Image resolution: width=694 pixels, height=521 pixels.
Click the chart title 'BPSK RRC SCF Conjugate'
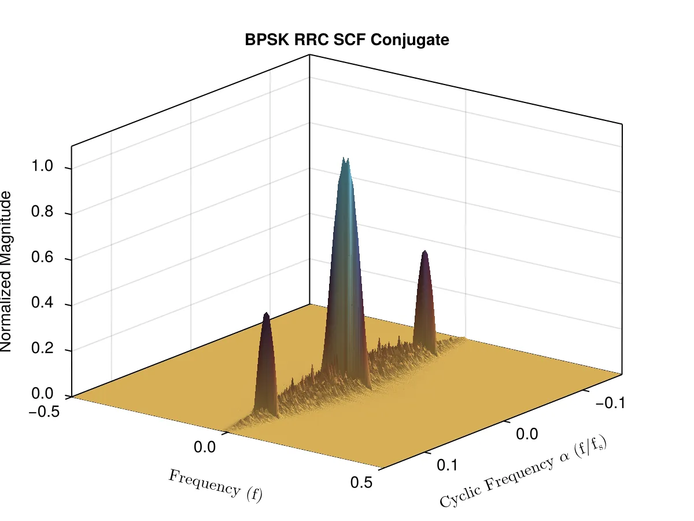coord(347,40)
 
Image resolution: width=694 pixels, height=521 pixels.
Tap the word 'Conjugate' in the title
coord(410,41)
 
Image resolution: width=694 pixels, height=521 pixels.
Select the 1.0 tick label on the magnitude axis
coord(42,166)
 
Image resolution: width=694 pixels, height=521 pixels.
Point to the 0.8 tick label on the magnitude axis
coord(42,211)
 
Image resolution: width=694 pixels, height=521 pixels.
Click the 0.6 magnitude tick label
coord(42,257)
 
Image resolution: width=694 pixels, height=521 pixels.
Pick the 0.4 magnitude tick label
coord(42,303)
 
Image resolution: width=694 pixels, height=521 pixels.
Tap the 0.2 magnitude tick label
coord(42,348)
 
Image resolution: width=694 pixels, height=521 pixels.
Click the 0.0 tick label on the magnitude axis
coord(42,394)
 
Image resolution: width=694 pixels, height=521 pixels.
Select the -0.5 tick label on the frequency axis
coord(44,412)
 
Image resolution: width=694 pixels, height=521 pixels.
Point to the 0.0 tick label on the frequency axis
coord(205,447)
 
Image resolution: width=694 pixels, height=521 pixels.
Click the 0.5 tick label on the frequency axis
coord(361,483)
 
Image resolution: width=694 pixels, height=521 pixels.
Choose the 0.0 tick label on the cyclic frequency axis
coord(527,434)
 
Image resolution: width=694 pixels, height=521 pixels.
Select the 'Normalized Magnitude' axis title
coord(6,271)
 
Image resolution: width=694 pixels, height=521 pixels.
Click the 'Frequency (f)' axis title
coord(215,486)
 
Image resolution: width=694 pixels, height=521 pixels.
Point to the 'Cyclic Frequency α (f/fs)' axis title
coord(523,472)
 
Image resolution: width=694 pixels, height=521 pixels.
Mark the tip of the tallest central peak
coord(344,157)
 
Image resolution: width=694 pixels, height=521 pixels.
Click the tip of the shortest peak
coord(267,313)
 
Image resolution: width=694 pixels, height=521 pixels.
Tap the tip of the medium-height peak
coord(425,251)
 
